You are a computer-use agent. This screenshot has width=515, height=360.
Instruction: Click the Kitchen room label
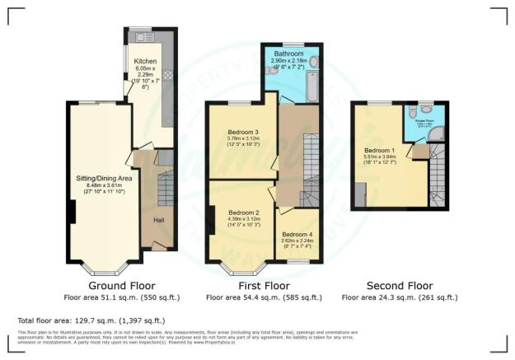point(145,61)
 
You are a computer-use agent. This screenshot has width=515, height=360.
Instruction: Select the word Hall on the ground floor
point(159,220)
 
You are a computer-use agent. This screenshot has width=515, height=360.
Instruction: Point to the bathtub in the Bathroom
point(292,85)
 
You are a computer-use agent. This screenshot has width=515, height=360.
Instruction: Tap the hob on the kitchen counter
point(163,74)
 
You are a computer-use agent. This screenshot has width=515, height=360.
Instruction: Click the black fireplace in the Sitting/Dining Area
point(72,213)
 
